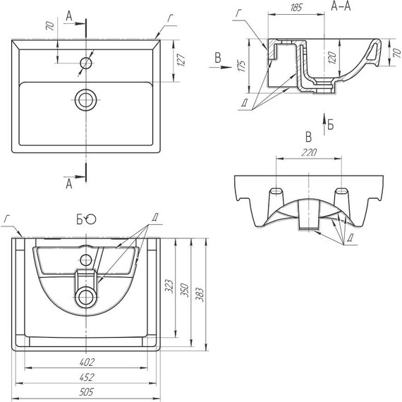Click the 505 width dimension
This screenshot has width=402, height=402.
tap(87, 391)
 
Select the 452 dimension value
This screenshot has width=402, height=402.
tap(87, 377)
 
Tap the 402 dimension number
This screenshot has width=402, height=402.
tap(87, 362)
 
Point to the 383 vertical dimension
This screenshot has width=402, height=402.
tap(200, 295)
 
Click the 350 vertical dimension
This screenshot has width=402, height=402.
tap(185, 290)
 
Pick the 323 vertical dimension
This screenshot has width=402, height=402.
tap(170, 286)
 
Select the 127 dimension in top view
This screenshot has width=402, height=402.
tap(181, 60)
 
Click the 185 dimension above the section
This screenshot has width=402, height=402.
tap(296, 8)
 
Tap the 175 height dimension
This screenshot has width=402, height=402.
tap(241, 66)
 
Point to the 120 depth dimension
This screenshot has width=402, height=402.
tap(332, 57)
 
